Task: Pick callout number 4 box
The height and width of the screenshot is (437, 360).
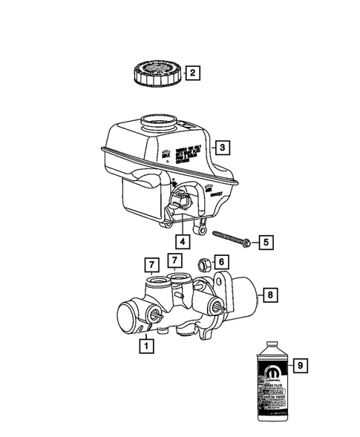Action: (182, 241)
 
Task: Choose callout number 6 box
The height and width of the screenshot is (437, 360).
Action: (222, 262)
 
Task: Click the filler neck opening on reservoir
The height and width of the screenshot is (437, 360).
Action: (158, 120)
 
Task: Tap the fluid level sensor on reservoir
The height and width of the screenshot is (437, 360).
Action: (181, 201)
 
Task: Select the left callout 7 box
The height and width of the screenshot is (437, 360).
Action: (151, 265)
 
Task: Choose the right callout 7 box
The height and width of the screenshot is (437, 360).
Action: (175, 260)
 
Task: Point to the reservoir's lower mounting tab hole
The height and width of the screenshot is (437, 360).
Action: (200, 220)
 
